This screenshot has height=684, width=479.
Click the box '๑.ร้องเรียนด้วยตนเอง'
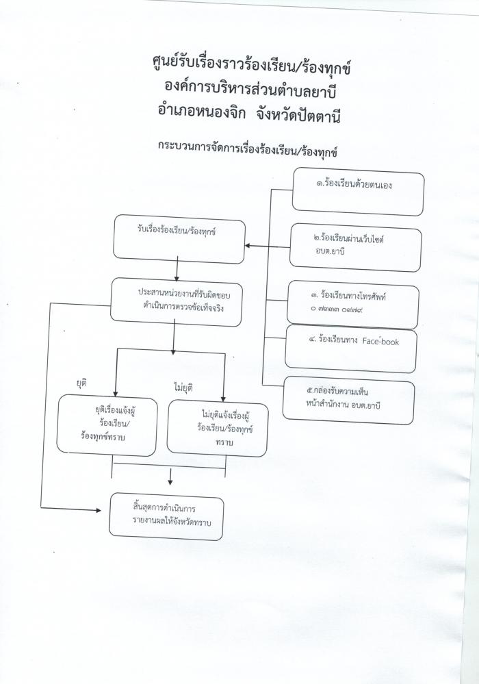(x=358, y=192)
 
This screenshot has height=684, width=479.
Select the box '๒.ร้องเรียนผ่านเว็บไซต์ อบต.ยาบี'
(x=355, y=247)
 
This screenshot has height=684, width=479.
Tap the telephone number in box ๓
(x=335, y=309)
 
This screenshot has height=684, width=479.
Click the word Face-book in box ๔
(x=380, y=341)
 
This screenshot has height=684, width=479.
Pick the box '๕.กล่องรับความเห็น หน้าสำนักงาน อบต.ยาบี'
(x=348, y=401)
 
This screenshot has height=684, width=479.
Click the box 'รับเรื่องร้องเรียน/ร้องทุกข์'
(x=179, y=239)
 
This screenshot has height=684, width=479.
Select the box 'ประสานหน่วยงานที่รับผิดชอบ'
(x=176, y=302)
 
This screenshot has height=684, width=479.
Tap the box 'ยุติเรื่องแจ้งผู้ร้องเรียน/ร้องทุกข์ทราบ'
(x=107, y=425)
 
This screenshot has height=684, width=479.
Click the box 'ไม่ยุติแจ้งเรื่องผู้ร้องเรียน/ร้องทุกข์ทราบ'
(x=217, y=427)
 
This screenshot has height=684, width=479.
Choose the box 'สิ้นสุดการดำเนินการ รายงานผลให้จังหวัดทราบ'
(x=166, y=516)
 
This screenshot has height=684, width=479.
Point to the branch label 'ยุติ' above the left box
(x=81, y=383)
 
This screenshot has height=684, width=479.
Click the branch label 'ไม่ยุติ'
(x=183, y=388)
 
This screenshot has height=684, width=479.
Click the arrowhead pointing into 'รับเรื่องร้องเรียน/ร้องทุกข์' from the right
(x=247, y=246)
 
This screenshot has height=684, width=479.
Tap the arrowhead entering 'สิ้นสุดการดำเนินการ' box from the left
(x=99, y=509)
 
